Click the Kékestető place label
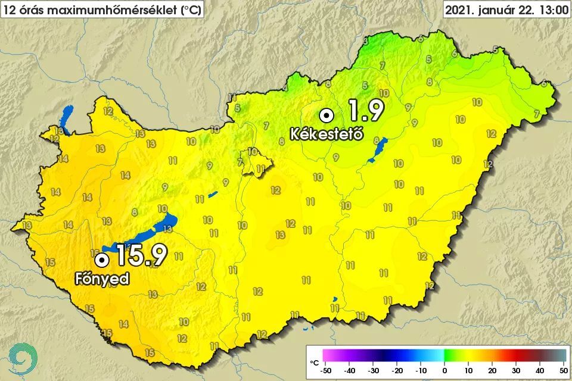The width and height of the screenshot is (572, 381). tap(327, 135)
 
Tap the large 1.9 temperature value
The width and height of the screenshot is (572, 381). tap(365, 111)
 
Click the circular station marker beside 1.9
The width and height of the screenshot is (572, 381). tap(326, 114)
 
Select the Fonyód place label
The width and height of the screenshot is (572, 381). tap(102, 279)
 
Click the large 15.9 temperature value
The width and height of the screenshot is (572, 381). tap(141, 255)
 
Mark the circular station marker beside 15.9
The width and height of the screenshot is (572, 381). tap(102, 260)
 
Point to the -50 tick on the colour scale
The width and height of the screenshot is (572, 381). tap(325, 371)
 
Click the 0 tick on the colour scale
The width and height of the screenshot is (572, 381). tap(444, 371)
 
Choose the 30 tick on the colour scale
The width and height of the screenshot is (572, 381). tap(516, 371)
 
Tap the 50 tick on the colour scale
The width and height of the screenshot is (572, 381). tap(562, 371)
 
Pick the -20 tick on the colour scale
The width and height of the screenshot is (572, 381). tap(397, 371)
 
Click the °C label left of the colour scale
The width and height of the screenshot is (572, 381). tap(315, 362)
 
